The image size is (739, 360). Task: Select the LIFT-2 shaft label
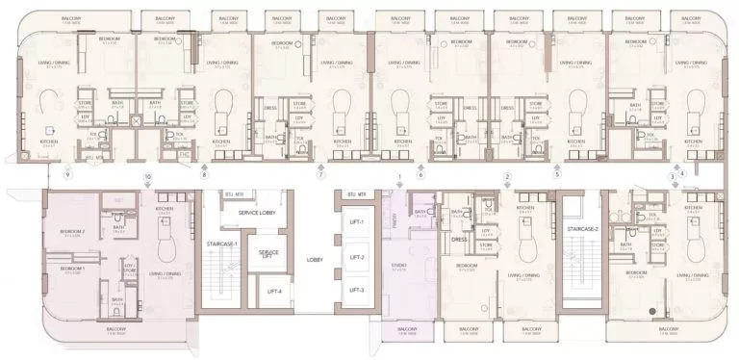point(357,257)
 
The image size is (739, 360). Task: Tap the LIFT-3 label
point(357,289)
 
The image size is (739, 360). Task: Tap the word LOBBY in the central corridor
point(314,259)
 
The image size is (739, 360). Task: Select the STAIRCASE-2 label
point(583,229)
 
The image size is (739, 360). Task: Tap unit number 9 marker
point(67,176)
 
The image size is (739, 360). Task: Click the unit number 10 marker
point(147,176)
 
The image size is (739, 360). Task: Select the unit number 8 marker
point(204,176)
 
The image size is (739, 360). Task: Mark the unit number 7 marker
point(320,176)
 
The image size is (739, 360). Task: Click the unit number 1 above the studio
point(398,176)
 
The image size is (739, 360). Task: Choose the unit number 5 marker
point(556,176)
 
